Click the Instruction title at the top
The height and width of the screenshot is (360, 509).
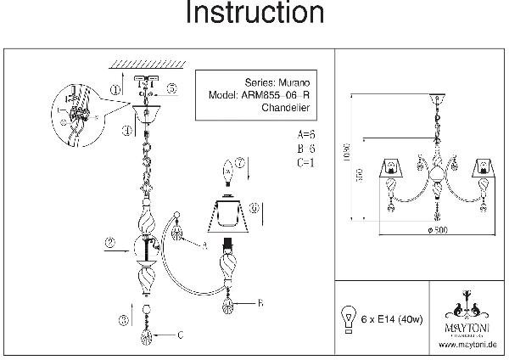point(254,14)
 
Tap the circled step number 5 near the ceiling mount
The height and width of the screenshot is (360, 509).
point(171,87)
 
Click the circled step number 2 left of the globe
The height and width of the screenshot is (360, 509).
point(109,243)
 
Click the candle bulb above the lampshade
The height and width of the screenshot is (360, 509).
point(227,172)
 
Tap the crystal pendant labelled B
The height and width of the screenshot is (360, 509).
point(227,301)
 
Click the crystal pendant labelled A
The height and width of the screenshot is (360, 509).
point(178,232)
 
